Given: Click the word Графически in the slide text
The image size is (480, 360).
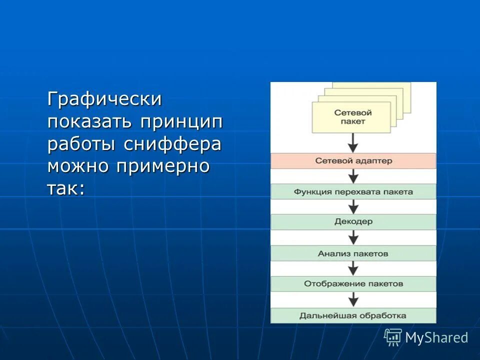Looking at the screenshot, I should tap(104, 99).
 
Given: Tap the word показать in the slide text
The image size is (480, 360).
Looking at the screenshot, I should tap(90, 121).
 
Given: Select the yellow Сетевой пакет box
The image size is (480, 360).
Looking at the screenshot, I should tap(353, 117).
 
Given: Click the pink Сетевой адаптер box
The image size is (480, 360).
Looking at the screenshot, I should tap(353, 161).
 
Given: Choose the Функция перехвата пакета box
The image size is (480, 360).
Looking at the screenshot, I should tap(353, 191).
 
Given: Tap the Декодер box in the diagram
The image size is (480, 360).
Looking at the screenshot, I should tap(353, 221).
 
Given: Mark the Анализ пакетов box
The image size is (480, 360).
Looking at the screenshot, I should tap(353, 253).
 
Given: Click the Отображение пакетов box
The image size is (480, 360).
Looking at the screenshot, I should tap(353, 283).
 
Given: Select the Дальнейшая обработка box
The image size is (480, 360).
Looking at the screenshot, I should tap(353, 315).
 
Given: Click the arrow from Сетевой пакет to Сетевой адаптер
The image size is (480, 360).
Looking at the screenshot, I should tap(353, 143).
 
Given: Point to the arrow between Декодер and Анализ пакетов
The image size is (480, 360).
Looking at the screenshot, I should tap(353, 237).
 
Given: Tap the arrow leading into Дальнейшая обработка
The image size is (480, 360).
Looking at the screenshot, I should tap(353, 299).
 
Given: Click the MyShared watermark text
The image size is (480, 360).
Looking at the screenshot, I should tap(436, 337).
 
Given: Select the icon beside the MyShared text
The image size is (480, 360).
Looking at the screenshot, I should tap(393, 337).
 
